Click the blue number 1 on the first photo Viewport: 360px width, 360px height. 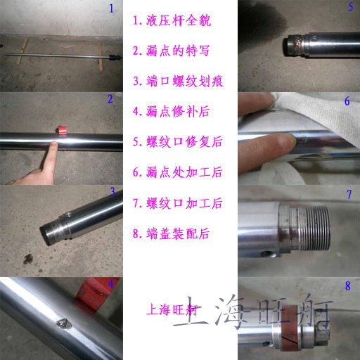pos(111,8)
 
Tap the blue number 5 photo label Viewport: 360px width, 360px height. pos(351,6)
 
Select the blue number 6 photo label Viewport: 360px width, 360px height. pos(347,101)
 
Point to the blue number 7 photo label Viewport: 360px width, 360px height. pos(349,194)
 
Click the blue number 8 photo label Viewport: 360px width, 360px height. pos(348,286)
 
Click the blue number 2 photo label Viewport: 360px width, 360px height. pos(110,99)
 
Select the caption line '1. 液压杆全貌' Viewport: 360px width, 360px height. pos(172,20)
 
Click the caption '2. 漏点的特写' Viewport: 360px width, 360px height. pos(171,51)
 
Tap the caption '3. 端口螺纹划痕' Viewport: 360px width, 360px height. pos(178,81)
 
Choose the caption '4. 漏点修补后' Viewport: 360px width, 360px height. pos(171,111)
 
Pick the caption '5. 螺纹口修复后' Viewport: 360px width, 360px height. pos(177,141)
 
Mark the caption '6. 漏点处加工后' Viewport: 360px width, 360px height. pos(177,172)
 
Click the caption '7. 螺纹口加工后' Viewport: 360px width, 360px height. pos(177,202)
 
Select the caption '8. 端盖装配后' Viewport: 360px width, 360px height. pos(171,233)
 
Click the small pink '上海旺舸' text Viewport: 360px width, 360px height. pos(173,309)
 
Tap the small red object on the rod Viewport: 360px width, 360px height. pos(62,130)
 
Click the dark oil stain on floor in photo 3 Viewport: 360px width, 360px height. pos(28,259)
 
